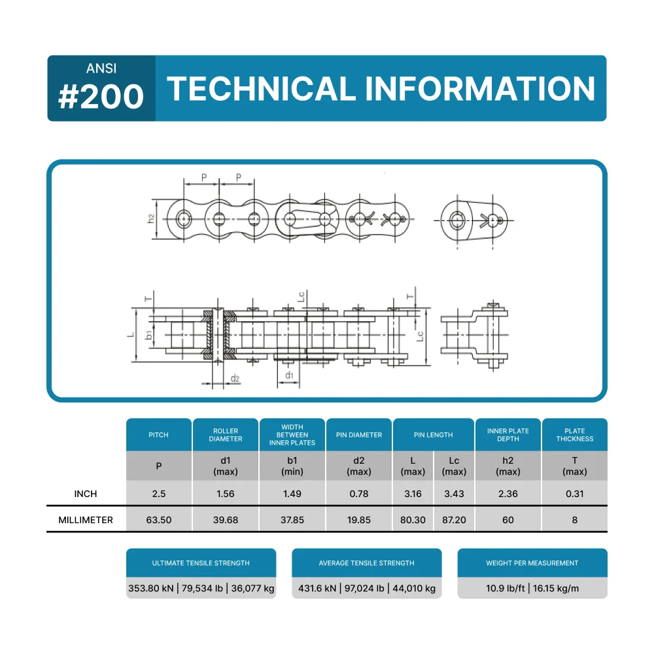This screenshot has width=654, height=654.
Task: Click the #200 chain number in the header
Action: (101, 96)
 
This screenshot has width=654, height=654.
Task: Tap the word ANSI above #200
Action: (101, 69)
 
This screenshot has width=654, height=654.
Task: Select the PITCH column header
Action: (158, 435)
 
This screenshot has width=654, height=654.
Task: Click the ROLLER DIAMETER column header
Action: (226, 435)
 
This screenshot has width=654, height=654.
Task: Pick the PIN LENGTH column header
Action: (434, 435)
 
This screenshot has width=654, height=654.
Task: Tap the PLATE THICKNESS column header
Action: (575, 435)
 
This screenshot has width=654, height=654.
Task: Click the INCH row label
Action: (86, 494)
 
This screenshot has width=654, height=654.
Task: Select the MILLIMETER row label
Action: (86, 520)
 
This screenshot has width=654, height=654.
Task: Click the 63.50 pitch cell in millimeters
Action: (159, 520)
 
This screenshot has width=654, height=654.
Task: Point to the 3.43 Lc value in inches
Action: (455, 494)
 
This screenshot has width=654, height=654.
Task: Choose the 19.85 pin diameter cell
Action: (359, 520)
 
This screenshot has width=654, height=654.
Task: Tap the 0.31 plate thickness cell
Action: (575, 494)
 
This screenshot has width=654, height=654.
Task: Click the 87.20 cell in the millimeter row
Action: (455, 520)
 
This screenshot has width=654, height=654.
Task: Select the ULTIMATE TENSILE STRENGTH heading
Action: (201, 563)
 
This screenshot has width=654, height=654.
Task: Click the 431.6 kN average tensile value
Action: (317, 589)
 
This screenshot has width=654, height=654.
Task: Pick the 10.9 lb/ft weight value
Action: (506, 589)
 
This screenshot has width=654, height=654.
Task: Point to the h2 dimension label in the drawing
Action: (151, 218)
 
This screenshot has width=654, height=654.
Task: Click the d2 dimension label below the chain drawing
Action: (235, 378)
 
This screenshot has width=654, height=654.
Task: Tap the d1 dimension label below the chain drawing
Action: (289, 375)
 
